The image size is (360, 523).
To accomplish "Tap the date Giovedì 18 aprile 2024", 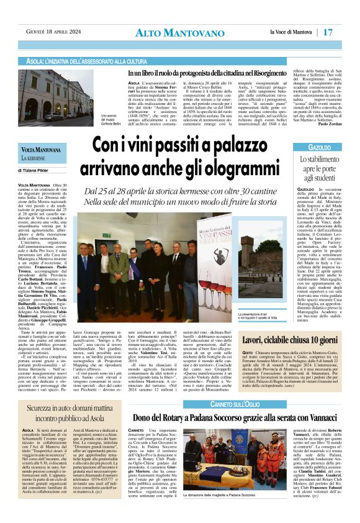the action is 51,32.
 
